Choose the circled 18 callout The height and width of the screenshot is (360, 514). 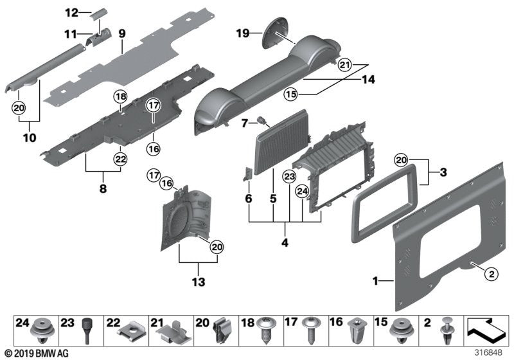click(119, 97)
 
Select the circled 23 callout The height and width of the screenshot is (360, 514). click(290, 176)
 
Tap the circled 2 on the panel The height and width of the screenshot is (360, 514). click(490, 274)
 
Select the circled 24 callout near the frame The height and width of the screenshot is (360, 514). click(301, 191)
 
